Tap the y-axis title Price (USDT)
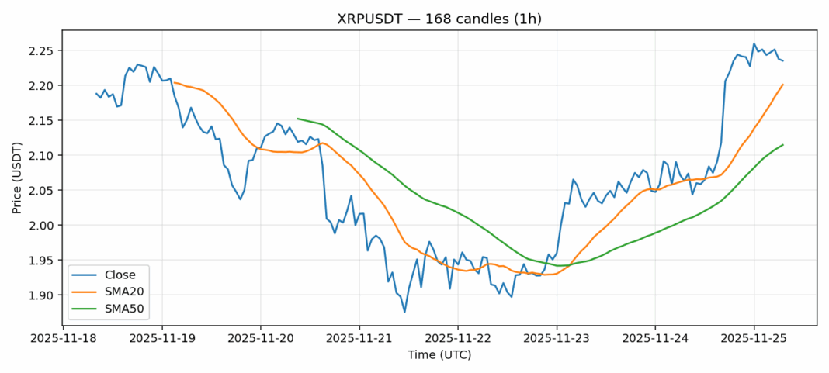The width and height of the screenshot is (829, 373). pos(17,178)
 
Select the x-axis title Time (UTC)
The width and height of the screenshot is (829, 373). pos(439,354)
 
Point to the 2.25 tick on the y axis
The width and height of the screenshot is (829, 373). pos(43,50)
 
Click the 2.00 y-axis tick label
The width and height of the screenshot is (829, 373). pos(43,226)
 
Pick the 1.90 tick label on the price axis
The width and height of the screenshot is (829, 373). pos(43,295)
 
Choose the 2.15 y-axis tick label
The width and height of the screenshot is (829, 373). pos(43,121)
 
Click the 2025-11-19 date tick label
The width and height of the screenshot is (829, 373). pos(161,338)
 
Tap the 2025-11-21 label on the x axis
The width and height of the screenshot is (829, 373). pos(359,338)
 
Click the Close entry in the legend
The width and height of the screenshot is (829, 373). pos(120,275)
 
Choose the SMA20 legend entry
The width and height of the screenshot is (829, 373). pos(125,292)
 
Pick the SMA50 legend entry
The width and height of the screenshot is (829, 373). pos(125,308)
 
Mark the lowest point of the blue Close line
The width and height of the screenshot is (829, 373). pos(404,312)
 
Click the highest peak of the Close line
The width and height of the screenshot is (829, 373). pos(754,43)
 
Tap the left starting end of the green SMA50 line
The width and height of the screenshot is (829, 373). pos(298,119)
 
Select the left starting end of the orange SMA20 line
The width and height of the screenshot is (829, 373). pos(174,82)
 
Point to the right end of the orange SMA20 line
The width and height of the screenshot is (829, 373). pos(782,85)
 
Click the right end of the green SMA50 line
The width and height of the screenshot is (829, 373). pos(782,145)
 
